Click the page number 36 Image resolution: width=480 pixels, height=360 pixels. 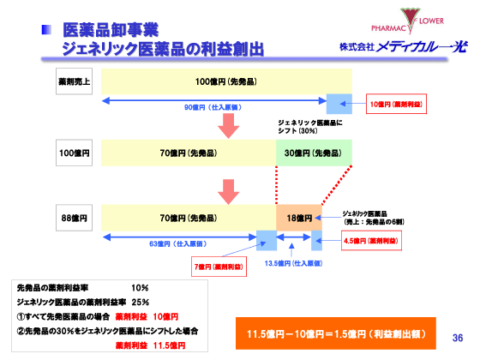(457, 337)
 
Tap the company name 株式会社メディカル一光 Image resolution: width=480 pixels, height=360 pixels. (404, 46)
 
